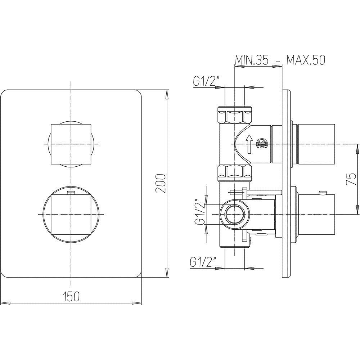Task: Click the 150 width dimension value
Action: pyautogui.click(x=71, y=296)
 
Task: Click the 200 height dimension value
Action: pyautogui.click(x=161, y=184)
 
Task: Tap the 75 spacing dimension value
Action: pyautogui.click(x=351, y=179)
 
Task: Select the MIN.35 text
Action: pyautogui.click(x=252, y=60)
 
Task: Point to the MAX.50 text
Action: pyautogui.click(x=305, y=60)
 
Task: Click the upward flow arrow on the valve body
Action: pyautogui.click(x=249, y=144)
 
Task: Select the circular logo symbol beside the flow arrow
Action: pyautogui.click(x=262, y=144)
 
